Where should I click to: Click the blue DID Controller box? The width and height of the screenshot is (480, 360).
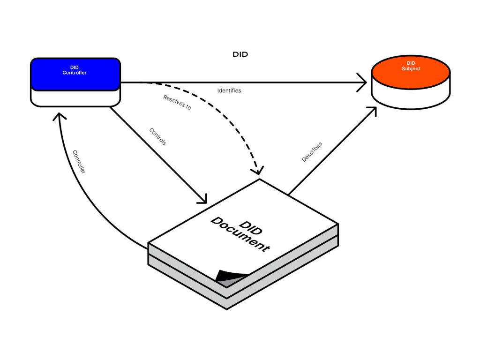click(75, 74)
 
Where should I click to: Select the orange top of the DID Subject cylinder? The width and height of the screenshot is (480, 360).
click(411, 72)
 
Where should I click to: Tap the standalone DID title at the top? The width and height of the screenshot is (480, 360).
click(240, 54)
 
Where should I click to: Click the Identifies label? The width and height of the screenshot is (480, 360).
click(229, 90)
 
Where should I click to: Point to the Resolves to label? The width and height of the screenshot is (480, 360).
click(177, 102)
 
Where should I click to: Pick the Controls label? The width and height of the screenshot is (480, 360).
click(157, 136)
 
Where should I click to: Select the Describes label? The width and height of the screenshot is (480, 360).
click(312, 152)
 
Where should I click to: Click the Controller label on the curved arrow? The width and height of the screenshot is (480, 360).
click(79, 162)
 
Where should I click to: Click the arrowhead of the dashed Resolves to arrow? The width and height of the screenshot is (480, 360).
click(257, 171)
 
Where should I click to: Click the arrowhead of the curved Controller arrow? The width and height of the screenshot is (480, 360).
click(59, 116)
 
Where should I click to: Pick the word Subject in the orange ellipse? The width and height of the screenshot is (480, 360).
click(411, 69)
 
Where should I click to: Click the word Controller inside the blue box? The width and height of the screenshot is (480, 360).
click(75, 73)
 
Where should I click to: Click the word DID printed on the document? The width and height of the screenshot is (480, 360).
click(251, 228)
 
